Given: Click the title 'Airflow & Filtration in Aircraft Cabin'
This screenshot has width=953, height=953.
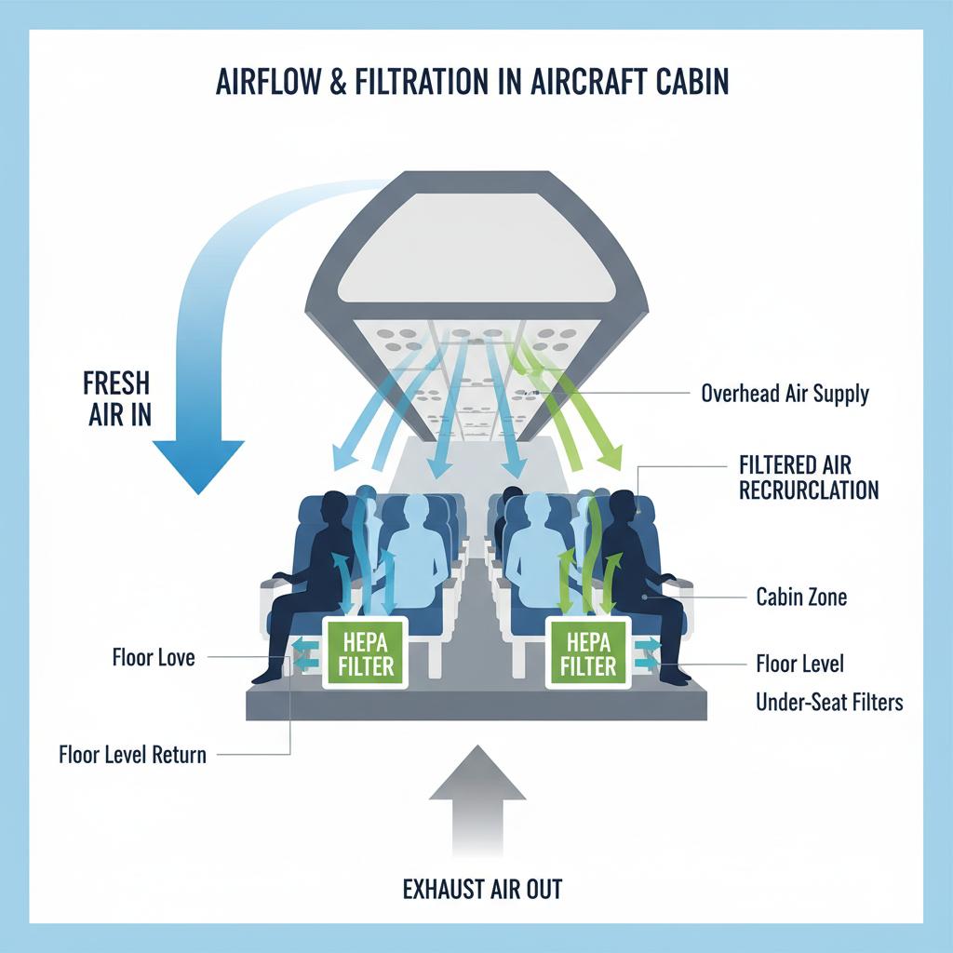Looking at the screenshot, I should (472, 81).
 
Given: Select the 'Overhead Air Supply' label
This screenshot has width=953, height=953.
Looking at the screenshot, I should (785, 393).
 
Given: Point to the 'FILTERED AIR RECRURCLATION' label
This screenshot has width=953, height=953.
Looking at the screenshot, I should (808, 476).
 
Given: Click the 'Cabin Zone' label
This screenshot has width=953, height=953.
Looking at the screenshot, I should (801, 597).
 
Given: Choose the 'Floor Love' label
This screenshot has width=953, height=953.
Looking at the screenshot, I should (153, 658).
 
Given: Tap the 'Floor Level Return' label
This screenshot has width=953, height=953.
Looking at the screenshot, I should (132, 754).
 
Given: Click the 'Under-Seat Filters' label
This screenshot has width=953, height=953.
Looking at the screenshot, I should (829, 702).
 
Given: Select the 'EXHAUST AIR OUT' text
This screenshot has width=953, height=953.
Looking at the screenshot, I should (482, 889).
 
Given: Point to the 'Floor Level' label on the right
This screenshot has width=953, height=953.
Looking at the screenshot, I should (800, 664).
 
